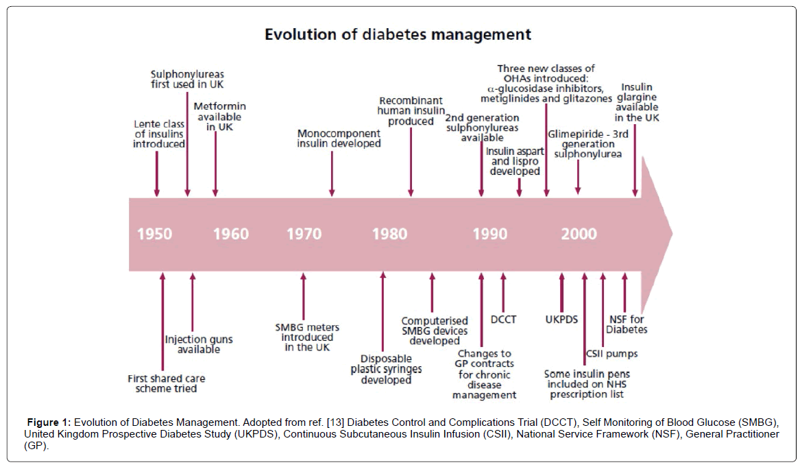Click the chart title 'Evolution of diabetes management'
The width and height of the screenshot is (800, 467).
pyautogui.click(x=398, y=34)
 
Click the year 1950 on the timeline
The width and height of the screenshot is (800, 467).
pyautogui.click(x=154, y=234)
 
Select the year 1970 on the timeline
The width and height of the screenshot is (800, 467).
pyautogui.click(x=304, y=234)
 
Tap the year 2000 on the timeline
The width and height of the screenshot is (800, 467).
pyautogui.click(x=579, y=234)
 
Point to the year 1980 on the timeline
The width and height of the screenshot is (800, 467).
pyautogui.click(x=389, y=234)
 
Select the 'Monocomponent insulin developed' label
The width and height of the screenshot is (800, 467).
pyautogui.click(x=339, y=139)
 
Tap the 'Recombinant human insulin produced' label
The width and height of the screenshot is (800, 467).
pyautogui.click(x=410, y=111)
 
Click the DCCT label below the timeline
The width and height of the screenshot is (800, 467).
pyautogui.click(x=503, y=319)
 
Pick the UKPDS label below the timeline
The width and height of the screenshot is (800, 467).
pyautogui.click(x=561, y=320)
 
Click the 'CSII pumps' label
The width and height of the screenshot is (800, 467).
pyautogui.click(x=611, y=354)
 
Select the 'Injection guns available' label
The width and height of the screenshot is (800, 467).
pyautogui.click(x=199, y=344)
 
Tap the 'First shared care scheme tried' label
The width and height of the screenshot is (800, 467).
pyautogui.click(x=167, y=383)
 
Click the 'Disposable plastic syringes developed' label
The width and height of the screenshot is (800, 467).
pyautogui.click(x=387, y=369)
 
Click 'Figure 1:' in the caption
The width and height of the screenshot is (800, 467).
pyautogui.click(x=49, y=421)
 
